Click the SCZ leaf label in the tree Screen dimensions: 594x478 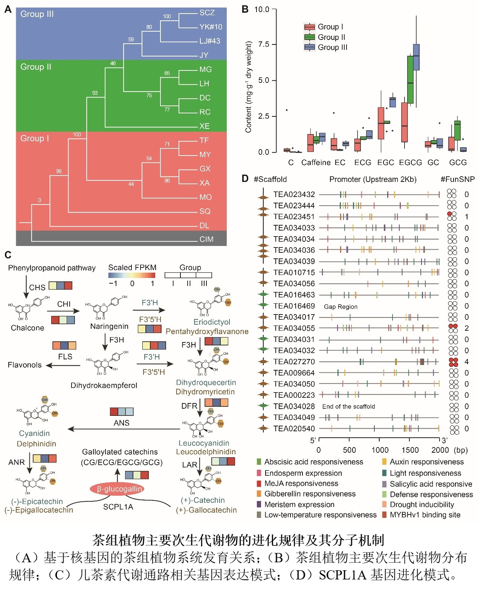click(207, 13)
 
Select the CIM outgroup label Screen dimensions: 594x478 click(206, 239)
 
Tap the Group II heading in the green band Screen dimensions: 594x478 click(36, 67)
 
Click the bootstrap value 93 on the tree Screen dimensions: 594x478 click(95, 93)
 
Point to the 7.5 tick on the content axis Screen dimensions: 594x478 click(264, 44)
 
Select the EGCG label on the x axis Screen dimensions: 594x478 click(410, 163)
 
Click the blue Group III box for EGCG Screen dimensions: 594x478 click(416, 57)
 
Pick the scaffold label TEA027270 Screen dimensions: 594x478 click(294, 362)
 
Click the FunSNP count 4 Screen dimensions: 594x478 click(467, 362)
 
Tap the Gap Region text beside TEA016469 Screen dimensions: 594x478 click(341, 307)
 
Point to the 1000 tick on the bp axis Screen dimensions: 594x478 click(380, 450)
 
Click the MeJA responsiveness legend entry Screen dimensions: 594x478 click(301, 483)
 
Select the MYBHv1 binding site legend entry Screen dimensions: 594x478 click(425, 515)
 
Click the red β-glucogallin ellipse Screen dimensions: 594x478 click(117, 489)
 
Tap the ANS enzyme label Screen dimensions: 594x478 click(121, 423)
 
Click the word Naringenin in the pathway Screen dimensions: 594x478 click(109, 326)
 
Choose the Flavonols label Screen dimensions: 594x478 click(24, 365)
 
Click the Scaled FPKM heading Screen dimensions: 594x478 click(132, 267)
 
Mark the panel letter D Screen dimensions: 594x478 click(245, 179)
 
